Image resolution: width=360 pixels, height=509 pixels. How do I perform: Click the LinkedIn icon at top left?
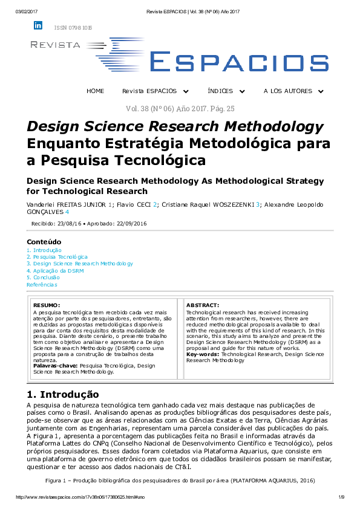point(38,25)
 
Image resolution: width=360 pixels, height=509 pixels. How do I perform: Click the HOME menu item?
point(96,91)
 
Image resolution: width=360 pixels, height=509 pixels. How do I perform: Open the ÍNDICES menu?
point(226,91)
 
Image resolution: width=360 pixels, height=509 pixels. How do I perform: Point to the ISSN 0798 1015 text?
point(73,28)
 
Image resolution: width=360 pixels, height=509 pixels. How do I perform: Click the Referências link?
point(42,284)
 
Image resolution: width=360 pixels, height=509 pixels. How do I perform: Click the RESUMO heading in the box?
point(47,305)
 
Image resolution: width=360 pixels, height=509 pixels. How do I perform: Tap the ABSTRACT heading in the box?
point(203,305)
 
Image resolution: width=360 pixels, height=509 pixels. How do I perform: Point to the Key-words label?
point(203,354)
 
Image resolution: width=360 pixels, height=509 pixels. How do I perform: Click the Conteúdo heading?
point(44,242)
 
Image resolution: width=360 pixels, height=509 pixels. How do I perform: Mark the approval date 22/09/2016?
point(134,224)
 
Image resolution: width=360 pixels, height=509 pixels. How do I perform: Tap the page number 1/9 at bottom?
point(341,497)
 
